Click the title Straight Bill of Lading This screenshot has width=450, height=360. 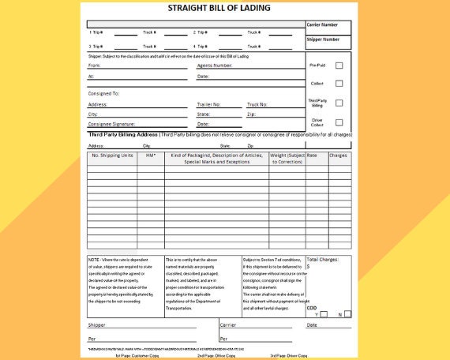click(219, 9)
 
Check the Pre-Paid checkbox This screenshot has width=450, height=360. click(339, 65)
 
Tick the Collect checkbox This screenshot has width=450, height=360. click(339, 83)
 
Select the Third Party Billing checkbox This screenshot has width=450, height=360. click(339, 103)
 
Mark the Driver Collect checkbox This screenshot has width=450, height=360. click(339, 122)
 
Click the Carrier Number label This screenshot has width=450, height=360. click(323, 24)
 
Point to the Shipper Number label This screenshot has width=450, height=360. click(323, 39)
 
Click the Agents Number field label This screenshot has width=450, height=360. click(214, 66)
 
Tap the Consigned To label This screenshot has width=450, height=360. click(103, 93)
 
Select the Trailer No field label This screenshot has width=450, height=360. click(208, 104)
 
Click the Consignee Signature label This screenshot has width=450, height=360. click(111, 124)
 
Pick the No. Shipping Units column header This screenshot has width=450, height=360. click(112, 156)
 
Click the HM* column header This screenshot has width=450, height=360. click(151, 156)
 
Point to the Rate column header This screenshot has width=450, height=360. click(312, 156)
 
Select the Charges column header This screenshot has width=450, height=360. click(338, 156)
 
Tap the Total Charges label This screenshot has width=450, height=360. click(324, 259)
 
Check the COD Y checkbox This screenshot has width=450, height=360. click(324, 314)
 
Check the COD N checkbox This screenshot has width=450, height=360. click(347, 314)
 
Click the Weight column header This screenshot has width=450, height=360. click(287, 158)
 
